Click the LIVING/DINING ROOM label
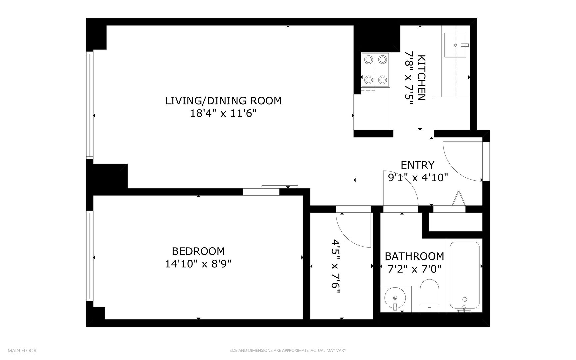pyautogui.click(x=223, y=100)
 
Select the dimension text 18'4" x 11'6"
pyautogui.click(x=223, y=114)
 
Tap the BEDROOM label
pyautogui.click(x=198, y=251)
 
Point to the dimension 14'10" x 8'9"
pyautogui.click(x=198, y=264)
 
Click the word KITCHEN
pyautogui.click(x=421, y=77)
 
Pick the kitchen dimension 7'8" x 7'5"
pyautogui.click(x=409, y=77)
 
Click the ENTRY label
pyautogui.click(x=417, y=165)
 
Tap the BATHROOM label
pyautogui.click(x=414, y=256)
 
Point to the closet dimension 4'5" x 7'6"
pyautogui.click(x=336, y=267)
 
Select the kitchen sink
pyautogui.click(x=456, y=45)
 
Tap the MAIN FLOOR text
pyautogui.click(x=22, y=351)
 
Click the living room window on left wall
pyautogui.click(x=90, y=105)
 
